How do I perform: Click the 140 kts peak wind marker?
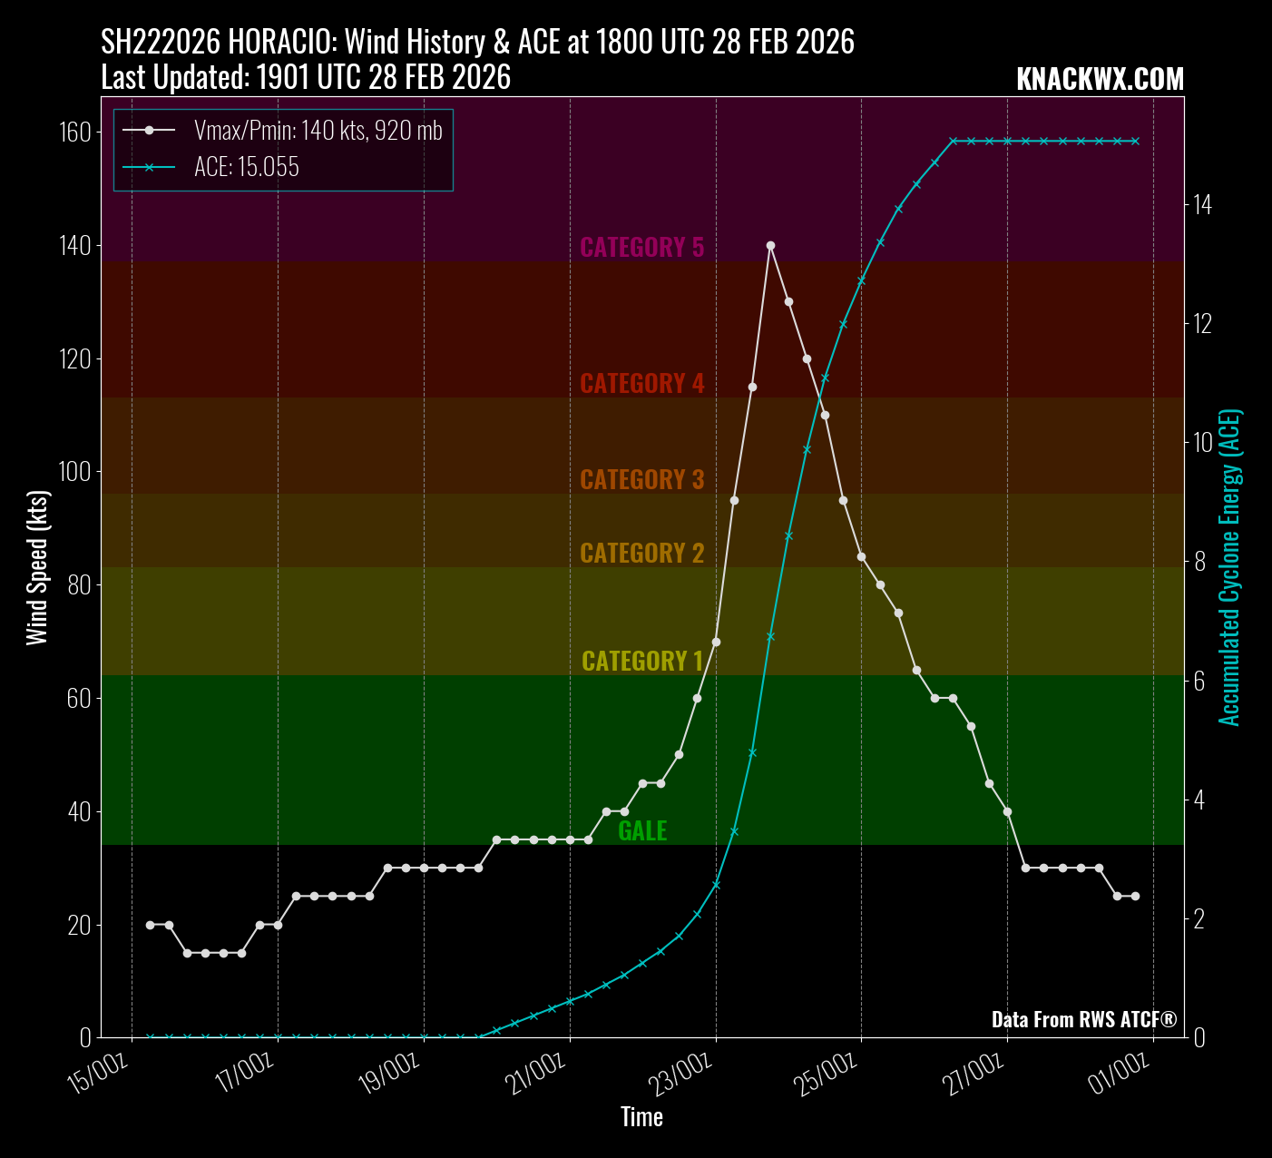[x=770, y=245]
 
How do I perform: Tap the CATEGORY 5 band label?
[x=641, y=247]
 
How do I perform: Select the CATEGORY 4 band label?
[x=641, y=383]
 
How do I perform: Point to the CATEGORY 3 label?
[x=641, y=479]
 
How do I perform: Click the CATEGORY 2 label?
[x=641, y=553]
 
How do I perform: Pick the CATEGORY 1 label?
[x=641, y=661]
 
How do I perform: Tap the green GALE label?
[x=642, y=830]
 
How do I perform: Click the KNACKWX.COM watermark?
[x=1100, y=79]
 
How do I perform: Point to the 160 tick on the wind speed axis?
[x=75, y=132]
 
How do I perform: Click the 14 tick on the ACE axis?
[x=1202, y=205]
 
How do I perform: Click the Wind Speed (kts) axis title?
[x=36, y=568]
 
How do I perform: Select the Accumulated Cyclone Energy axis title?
[x=1229, y=568]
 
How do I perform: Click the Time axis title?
[x=641, y=1117]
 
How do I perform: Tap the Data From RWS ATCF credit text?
[x=1083, y=1019]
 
